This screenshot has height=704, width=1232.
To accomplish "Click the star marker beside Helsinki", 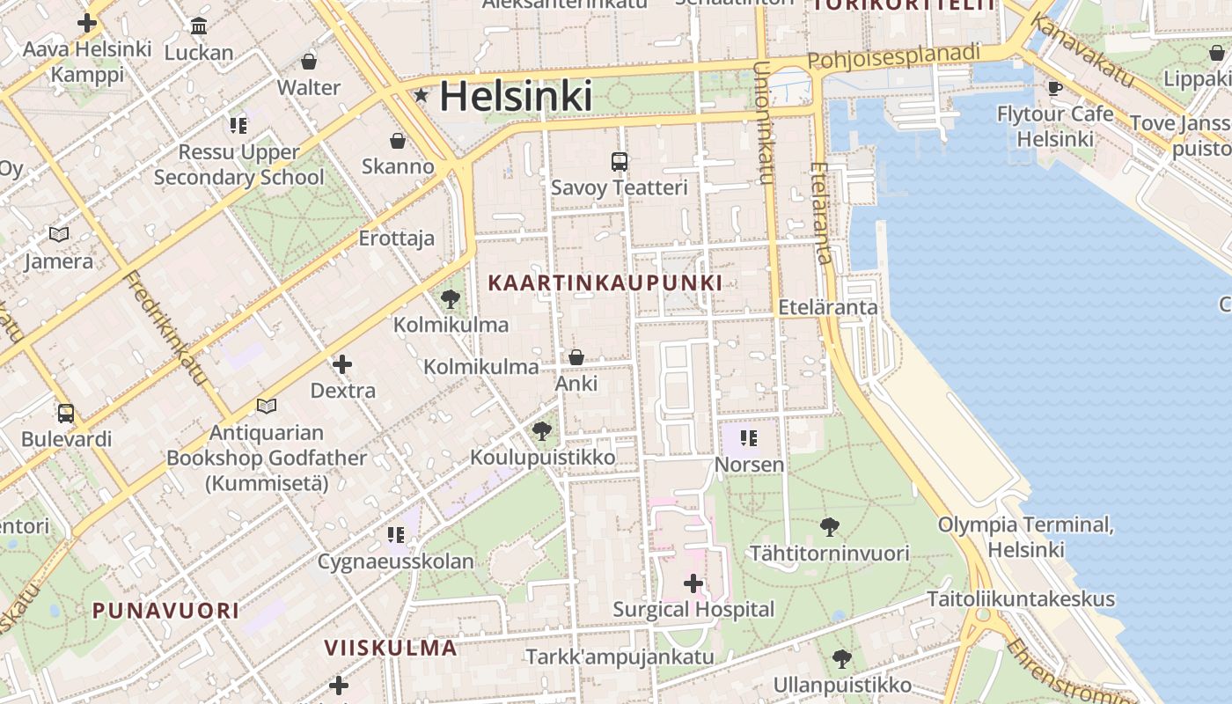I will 422,95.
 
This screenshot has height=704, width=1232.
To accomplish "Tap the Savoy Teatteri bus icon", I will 620,161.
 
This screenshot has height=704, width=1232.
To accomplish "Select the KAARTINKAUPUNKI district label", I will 605,282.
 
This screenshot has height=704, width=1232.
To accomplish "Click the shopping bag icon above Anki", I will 576,356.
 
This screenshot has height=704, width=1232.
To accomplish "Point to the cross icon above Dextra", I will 342,363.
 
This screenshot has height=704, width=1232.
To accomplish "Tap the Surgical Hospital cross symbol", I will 693,583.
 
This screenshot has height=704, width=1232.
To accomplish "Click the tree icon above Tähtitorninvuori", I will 829,527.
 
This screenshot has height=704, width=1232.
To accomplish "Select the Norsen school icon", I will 749,437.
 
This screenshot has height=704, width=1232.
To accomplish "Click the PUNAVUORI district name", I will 165,610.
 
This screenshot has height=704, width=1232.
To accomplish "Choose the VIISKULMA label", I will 391,649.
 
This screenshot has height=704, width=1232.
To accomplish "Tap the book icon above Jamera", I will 59,234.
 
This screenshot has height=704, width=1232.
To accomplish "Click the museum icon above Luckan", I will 199,26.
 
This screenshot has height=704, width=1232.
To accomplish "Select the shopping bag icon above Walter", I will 309,61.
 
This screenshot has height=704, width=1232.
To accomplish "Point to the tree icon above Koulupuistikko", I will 542,430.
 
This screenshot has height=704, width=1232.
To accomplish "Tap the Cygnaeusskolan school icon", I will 396,534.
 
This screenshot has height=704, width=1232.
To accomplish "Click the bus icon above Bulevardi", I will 66,413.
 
